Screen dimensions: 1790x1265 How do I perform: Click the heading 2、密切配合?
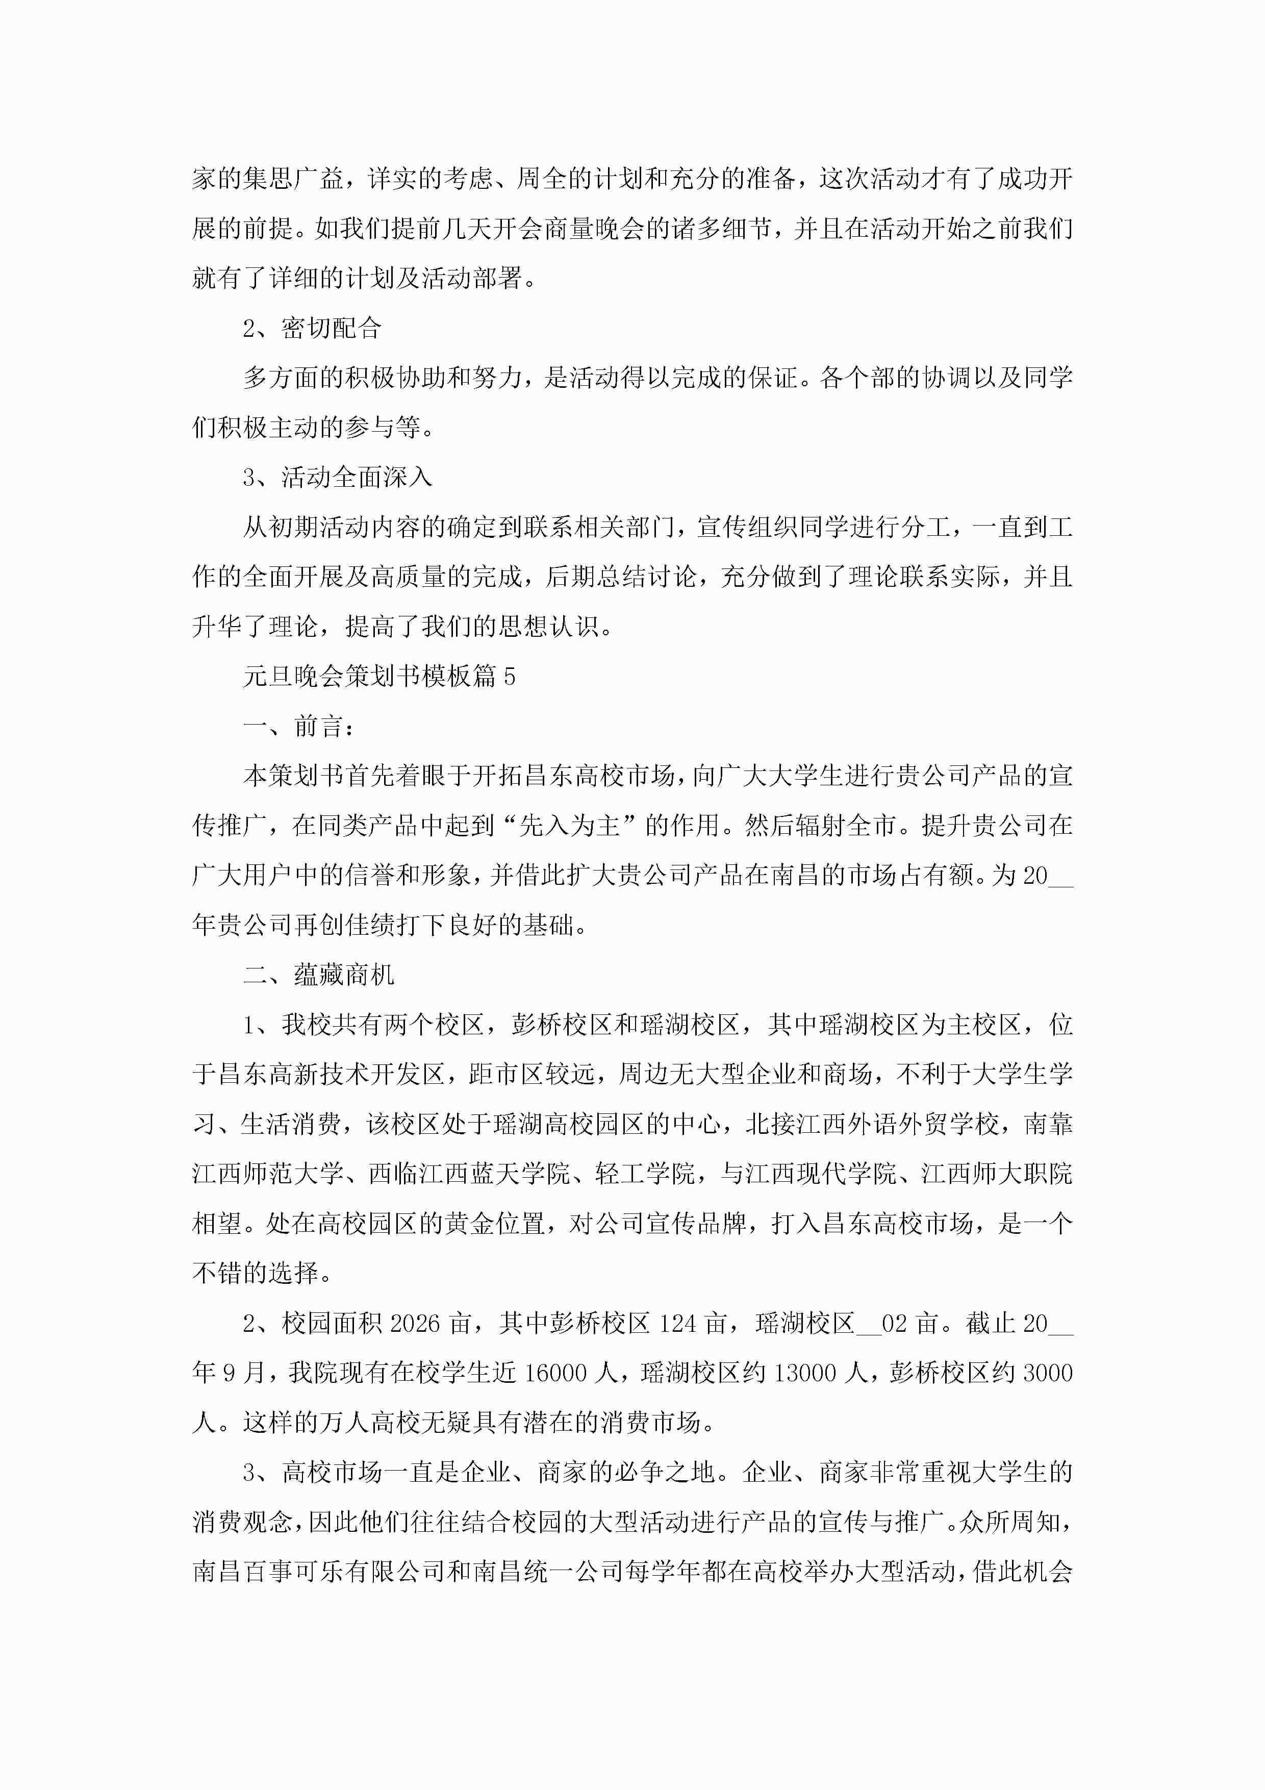point(312,328)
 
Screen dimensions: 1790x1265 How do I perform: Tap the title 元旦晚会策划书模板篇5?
point(379,676)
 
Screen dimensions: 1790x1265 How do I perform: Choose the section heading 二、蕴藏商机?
point(319,975)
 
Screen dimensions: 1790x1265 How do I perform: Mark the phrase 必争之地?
point(664,1472)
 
